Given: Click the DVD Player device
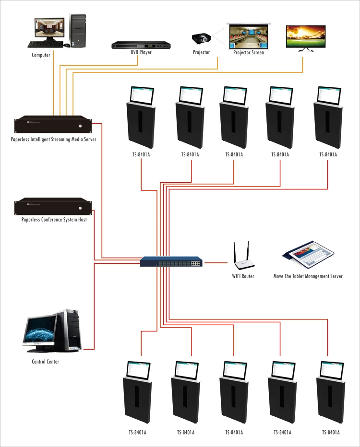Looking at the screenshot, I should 141,45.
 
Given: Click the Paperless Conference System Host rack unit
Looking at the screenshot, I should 52,208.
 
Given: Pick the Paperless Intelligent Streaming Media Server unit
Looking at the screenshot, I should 52,125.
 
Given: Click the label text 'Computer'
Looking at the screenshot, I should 41,55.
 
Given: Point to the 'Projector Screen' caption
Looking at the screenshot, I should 249,53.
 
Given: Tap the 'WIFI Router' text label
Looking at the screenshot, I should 242,276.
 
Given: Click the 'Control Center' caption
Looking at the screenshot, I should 45,362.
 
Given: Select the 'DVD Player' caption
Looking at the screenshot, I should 141,53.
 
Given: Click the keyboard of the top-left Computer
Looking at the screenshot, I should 46,44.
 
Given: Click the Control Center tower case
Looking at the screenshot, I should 72,329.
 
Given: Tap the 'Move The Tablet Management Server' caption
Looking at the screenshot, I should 308,276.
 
